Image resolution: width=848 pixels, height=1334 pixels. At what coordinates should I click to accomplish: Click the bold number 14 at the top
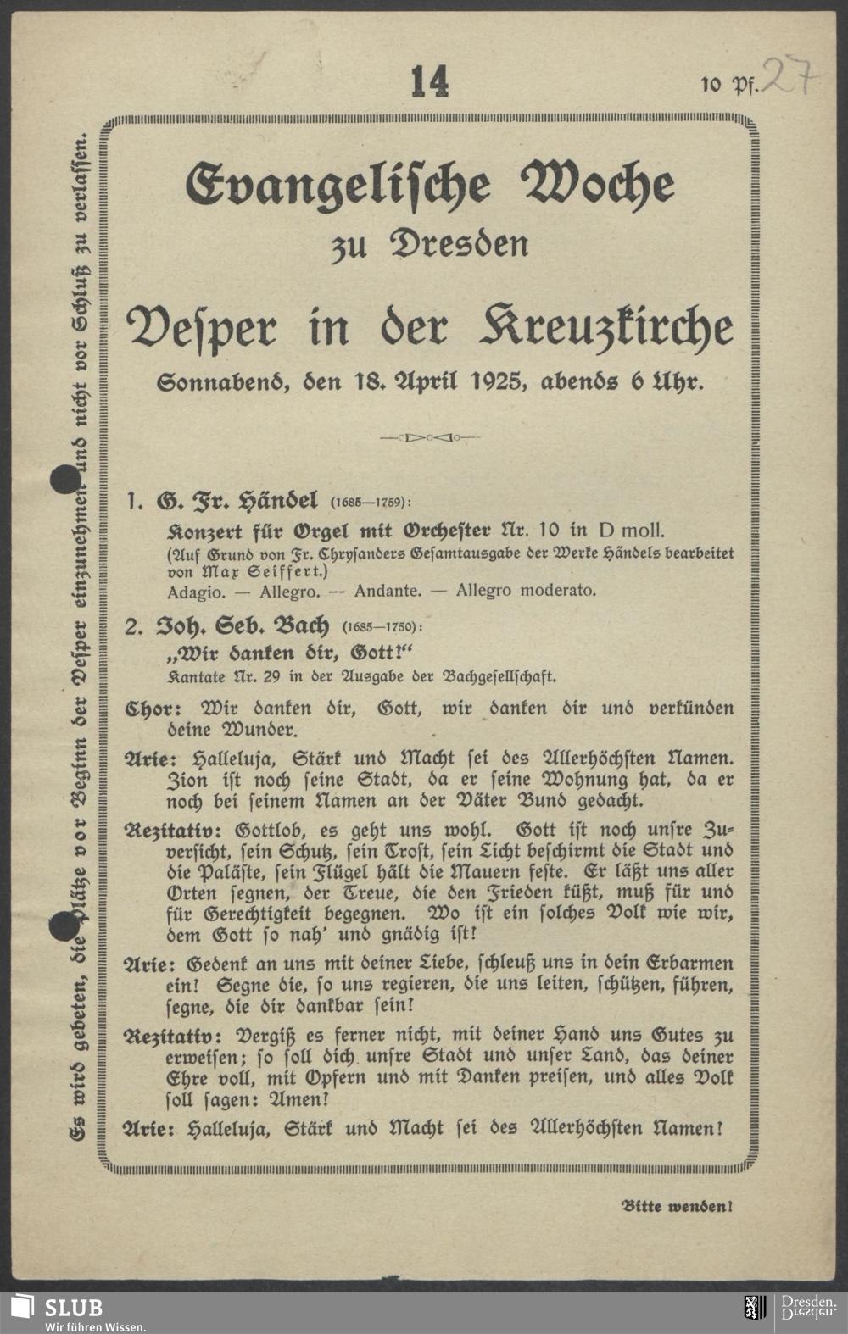(x=430, y=83)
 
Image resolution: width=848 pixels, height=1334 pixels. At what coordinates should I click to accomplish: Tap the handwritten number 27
(x=790, y=75)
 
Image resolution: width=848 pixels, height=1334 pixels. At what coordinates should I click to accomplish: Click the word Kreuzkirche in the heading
(x=606, y=328)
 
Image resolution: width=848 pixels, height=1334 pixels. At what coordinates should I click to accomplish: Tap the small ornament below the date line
(x=430, y=438)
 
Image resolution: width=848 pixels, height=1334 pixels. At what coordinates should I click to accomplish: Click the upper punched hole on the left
(x=64, y=481)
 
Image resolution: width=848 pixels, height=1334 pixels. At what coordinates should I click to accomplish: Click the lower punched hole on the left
(x=64, y=927)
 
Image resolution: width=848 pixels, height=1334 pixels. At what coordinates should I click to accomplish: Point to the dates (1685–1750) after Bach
(x=382, y=628)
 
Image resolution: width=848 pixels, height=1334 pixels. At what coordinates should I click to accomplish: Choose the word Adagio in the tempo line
(x=190, y=591)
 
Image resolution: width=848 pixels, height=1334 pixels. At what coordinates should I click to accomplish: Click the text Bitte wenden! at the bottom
(x=677, y=1205)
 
